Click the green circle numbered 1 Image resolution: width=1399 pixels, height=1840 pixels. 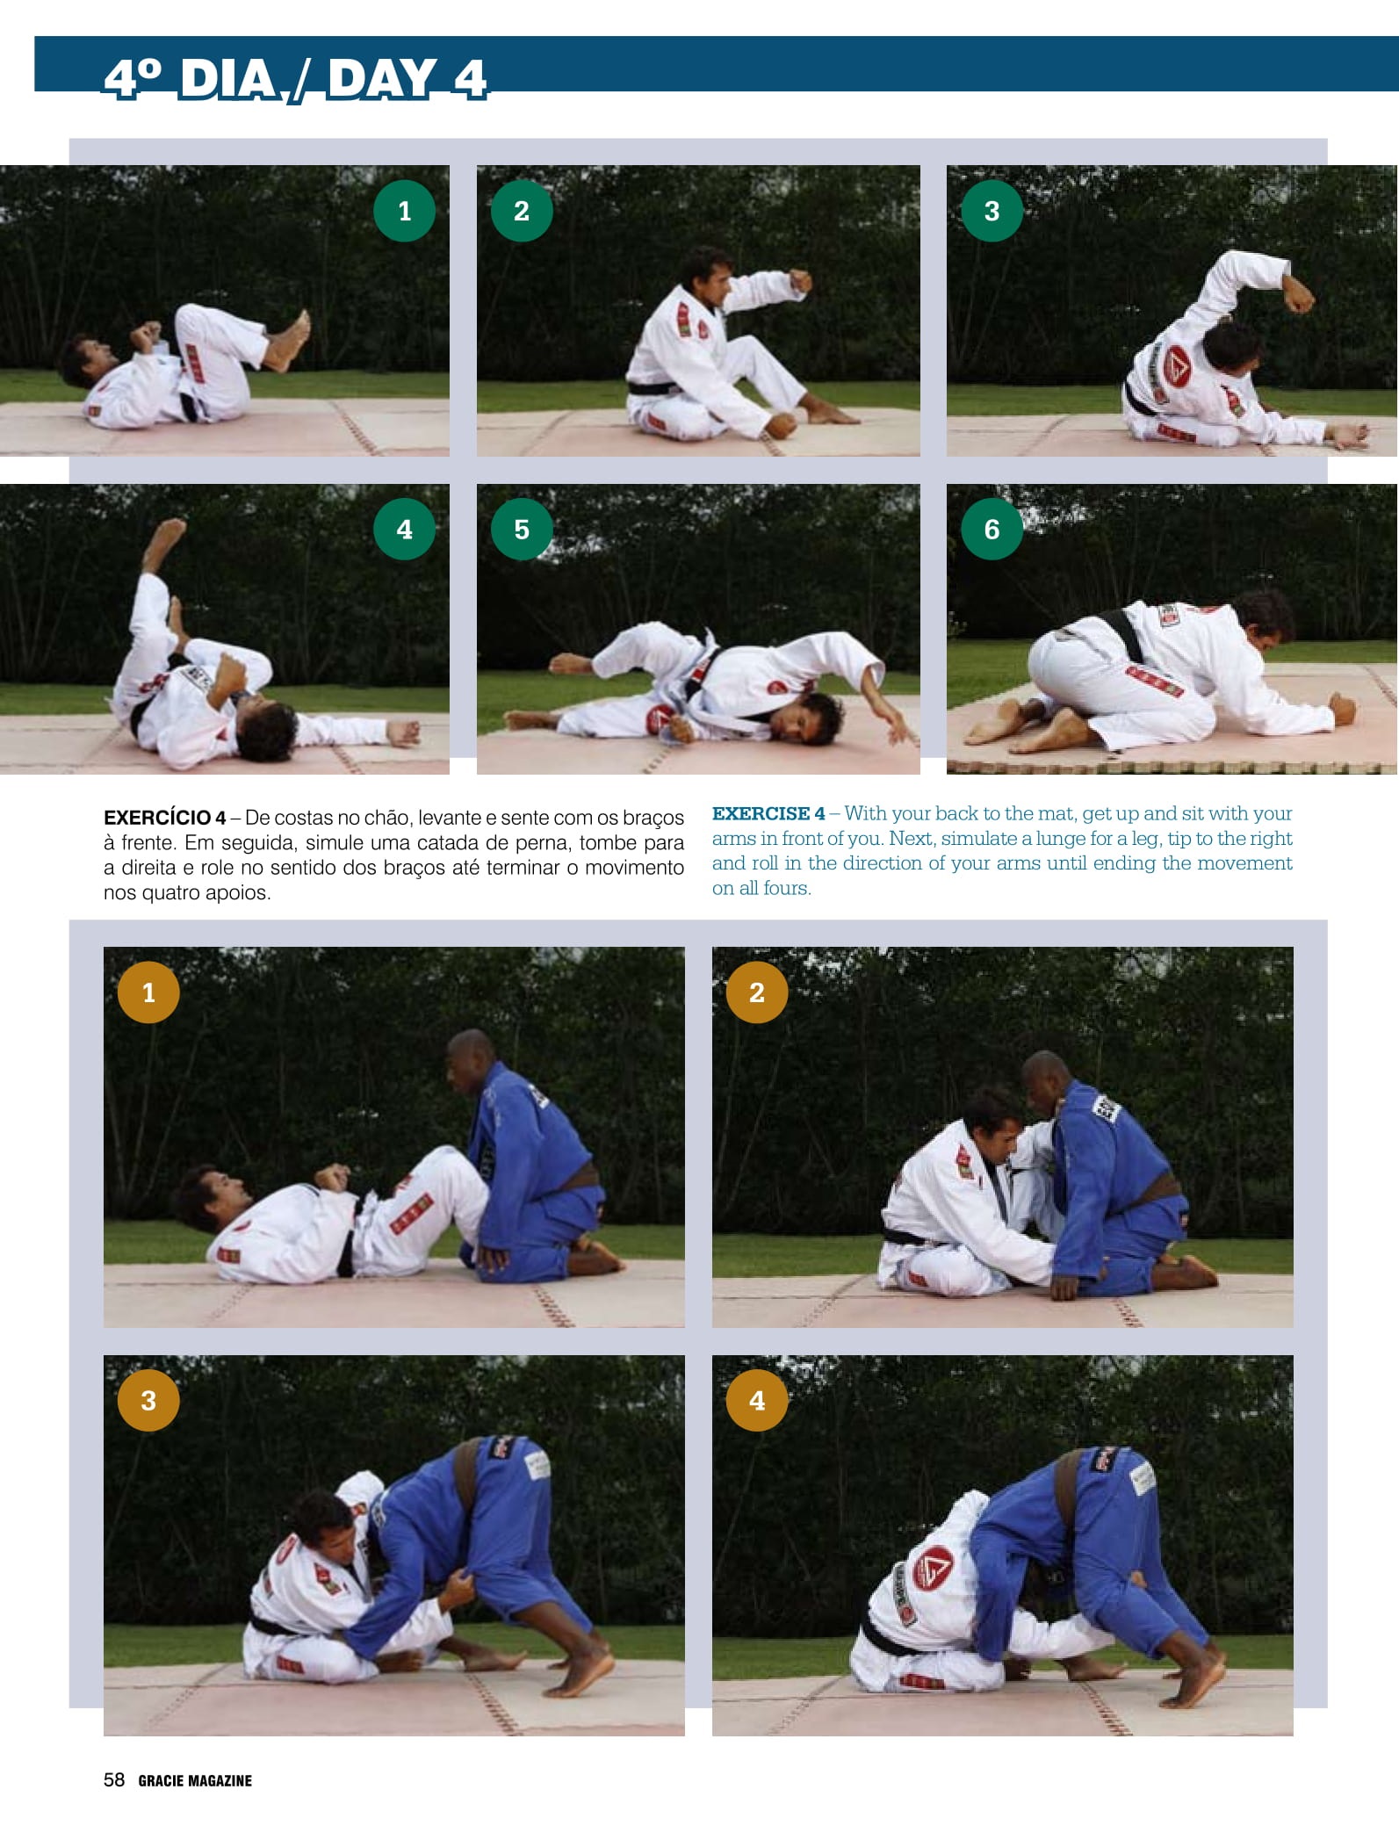tap(404, 211)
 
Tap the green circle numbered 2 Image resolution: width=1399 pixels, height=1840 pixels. tap(522, 211)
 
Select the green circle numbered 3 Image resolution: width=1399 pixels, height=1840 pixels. tap(992, 211)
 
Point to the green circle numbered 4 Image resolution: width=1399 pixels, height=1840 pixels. tap(404, 529)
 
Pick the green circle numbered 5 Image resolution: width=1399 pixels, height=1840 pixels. tap(522, 529)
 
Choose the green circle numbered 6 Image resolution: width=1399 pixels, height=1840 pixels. tap(992, 529)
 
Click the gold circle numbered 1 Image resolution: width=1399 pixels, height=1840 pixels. tap(148, 992)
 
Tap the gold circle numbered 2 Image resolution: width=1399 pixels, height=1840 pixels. tap(757, 992)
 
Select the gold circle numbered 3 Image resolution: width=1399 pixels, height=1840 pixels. tap(148, 1400)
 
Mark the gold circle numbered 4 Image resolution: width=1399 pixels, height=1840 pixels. tap(757, 1400)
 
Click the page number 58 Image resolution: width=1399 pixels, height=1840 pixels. tap(114, 1779)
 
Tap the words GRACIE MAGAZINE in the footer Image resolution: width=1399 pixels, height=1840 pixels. tap(195, 1780)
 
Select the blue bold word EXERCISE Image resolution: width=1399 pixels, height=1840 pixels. tap(761, 813)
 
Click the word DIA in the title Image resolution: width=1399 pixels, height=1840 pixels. tap(228, 79)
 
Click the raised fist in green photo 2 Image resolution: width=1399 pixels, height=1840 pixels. tap(800, 280)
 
